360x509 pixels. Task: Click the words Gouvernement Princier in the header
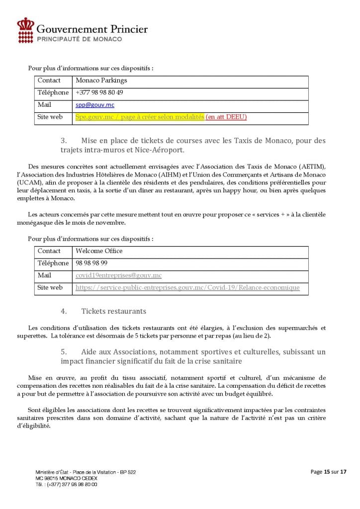(92, 29)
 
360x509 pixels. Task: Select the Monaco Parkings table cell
(101, 81)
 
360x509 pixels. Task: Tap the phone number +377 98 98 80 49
(99, 93)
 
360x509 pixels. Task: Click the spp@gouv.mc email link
(88, 105)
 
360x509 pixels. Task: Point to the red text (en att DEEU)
(226, 117)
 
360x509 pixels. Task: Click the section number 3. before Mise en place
(64, 141)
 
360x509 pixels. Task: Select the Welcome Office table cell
(99, 251)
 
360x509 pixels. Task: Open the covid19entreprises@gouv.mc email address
(118, 275)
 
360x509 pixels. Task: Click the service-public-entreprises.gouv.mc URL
(187, 288)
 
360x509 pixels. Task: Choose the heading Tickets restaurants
(113, 312)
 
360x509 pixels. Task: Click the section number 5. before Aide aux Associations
(64, 352)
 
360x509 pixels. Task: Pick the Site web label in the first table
(50, 117)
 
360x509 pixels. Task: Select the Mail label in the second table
(45, 275)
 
